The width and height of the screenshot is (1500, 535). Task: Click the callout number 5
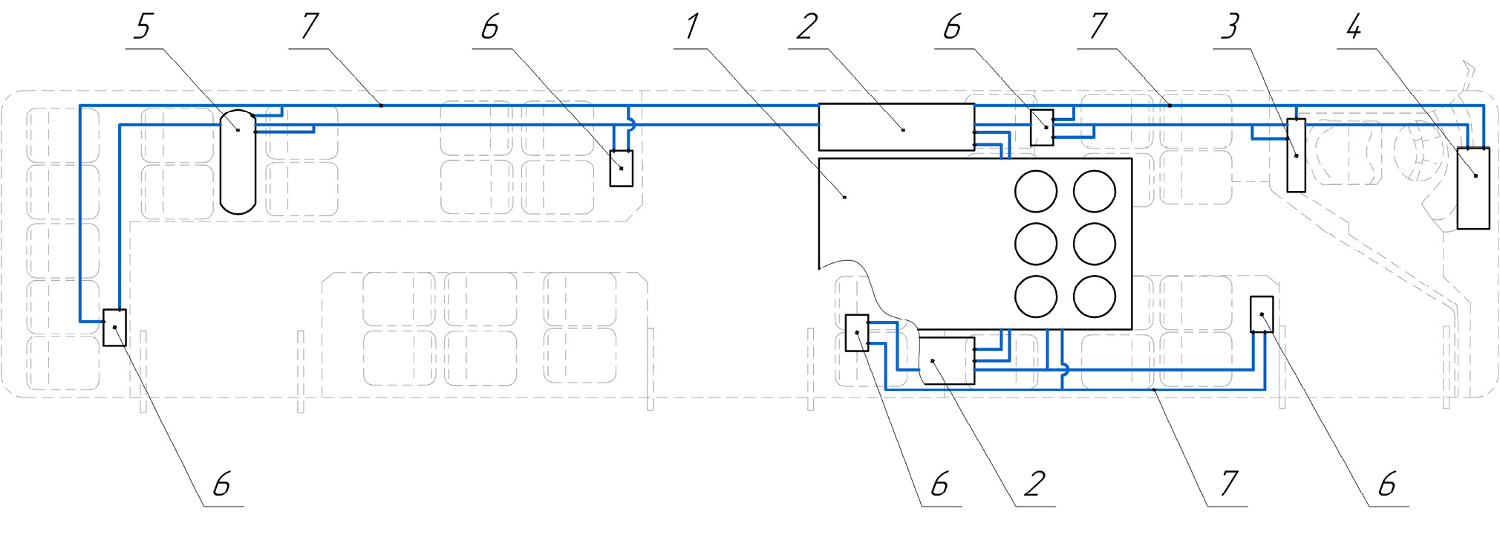click(x=142, y=27)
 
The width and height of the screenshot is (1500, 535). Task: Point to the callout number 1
click(x=691, y=27)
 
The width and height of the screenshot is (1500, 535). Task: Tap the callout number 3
click(x=1230, y=27)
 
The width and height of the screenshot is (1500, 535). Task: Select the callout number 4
click(x=1354, y=27)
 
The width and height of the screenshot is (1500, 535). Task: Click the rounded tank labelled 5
click(x=238, y=161)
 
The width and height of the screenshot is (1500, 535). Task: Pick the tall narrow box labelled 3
click(x=1296, y=155)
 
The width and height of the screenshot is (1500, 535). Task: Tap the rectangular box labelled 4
click(x=1473, y=188)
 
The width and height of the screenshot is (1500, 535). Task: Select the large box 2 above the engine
click(x=896, y=127)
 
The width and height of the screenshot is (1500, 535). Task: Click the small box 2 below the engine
click(x=947, y=360)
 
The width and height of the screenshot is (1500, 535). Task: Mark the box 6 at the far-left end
click(x=114, y=328)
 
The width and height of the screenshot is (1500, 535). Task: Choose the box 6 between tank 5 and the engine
click(x=622, y=168)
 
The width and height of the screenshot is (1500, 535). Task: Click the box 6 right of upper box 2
click(x=1042, y=127)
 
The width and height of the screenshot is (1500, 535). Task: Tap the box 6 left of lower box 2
click(x=857, y=333)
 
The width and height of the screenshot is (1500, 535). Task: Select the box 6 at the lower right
click(x=1262, y=314)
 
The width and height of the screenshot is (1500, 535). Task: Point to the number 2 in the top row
click(x=806, y=27)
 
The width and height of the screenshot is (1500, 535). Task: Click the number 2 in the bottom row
click(x=1034, y=484)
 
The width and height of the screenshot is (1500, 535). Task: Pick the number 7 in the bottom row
click(x=1229, y=484)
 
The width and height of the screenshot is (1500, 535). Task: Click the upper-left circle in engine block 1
click(x=1035, y=191)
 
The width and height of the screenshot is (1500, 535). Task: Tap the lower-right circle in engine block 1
click(x=1094, y=296)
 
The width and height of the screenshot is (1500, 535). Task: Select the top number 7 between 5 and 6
click(x=310, y=27)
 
